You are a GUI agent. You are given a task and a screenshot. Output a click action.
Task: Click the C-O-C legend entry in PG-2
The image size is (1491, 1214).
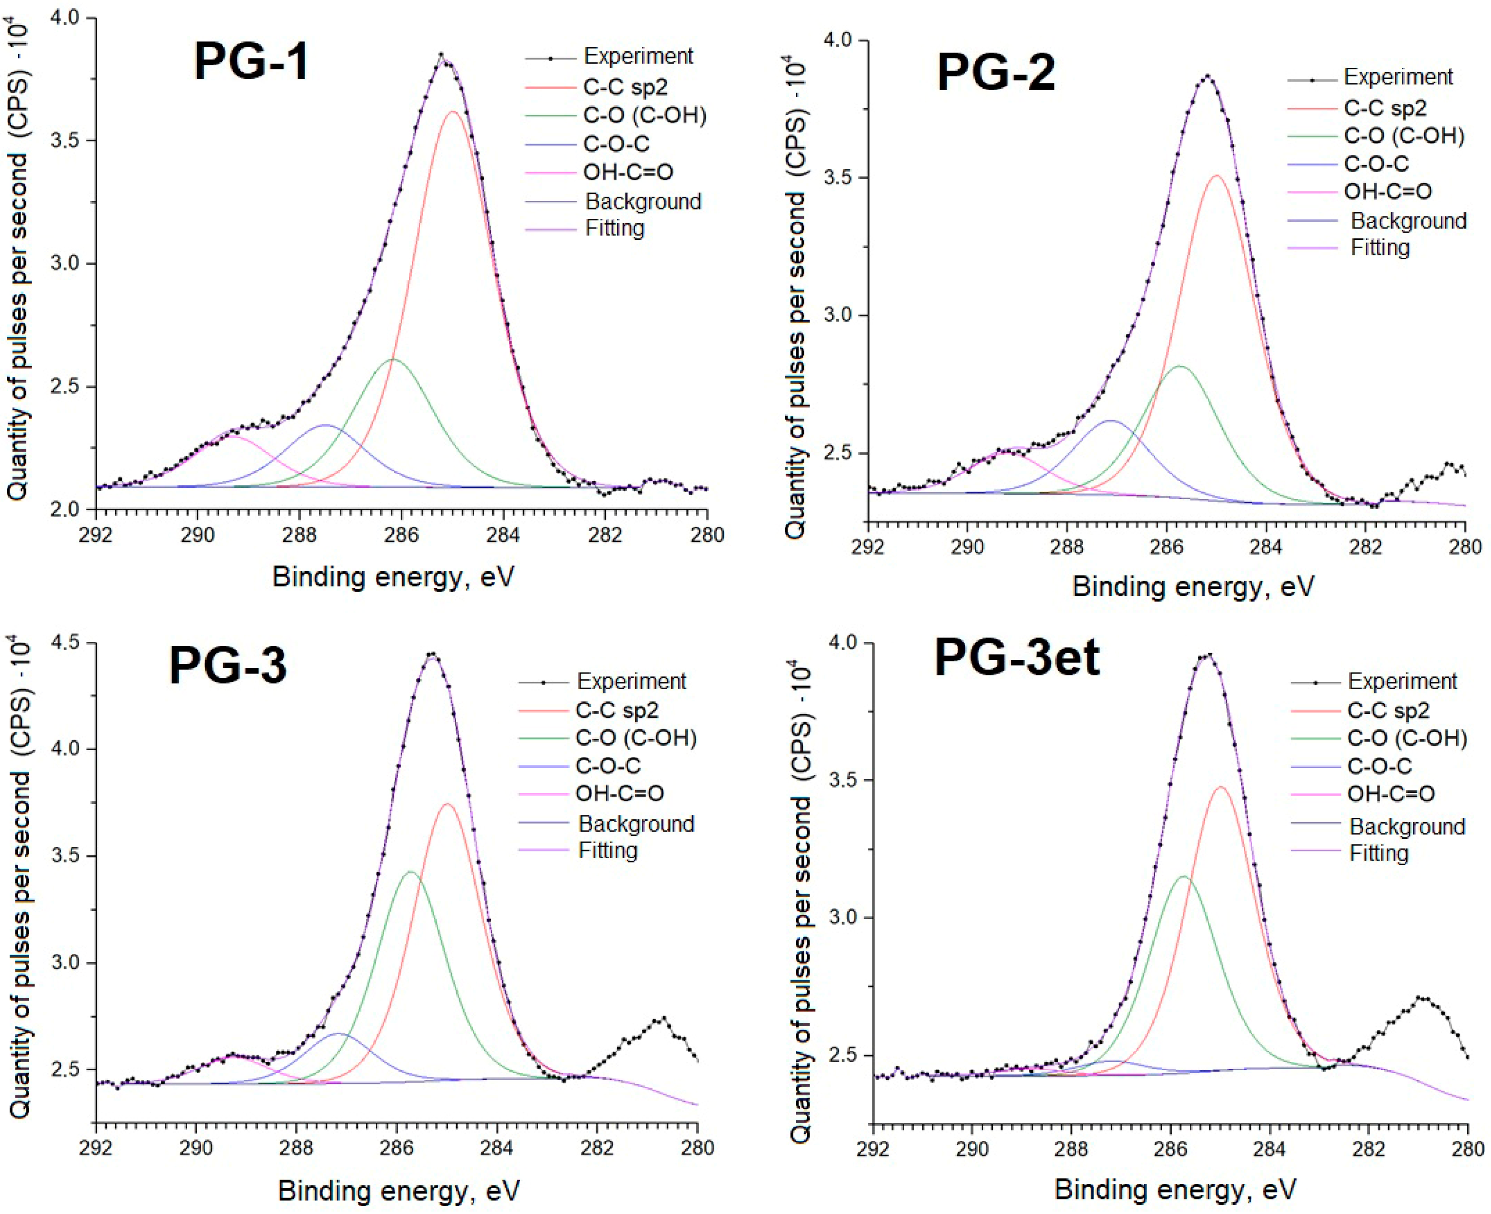tap(1375, 164)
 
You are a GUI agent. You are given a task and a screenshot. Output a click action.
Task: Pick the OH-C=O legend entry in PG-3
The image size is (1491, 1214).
tap(619, 793)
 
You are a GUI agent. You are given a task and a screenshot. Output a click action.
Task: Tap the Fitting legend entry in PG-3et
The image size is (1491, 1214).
tap(1378, 853)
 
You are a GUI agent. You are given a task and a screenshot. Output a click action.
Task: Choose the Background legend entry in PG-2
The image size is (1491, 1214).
tap(1408, 221)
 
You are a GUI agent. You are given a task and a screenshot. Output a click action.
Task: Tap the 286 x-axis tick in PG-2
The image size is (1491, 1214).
tap(1166, 546)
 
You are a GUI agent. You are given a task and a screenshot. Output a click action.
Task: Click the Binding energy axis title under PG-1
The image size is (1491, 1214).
tap(393, 578)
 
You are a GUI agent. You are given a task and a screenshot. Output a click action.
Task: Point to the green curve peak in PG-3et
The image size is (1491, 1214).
tap(1182, 876)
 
